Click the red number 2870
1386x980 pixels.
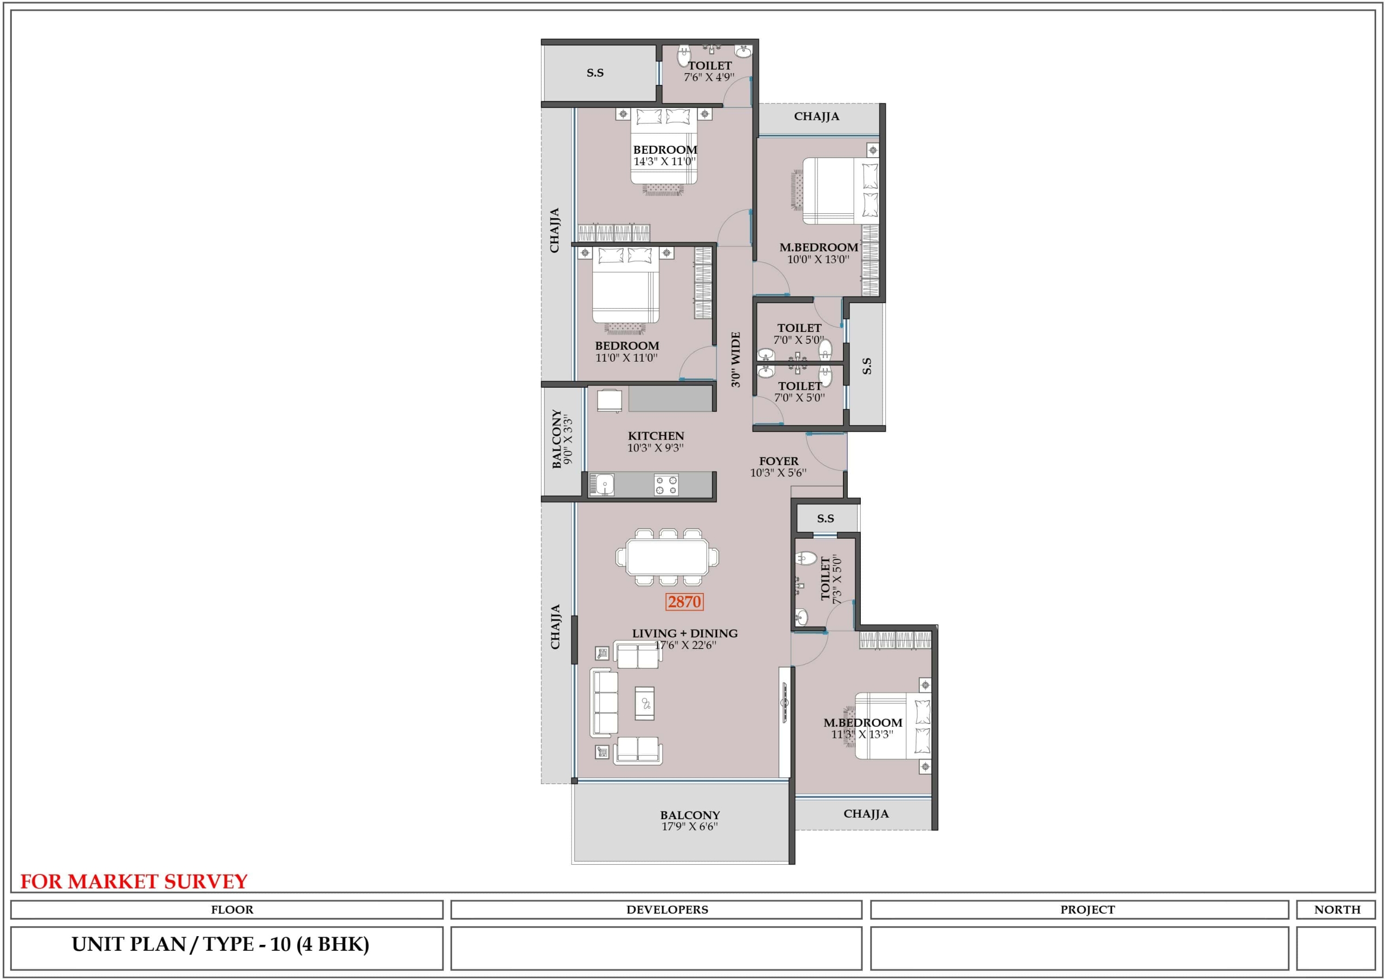coord(684,602)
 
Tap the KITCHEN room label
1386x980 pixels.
coord(656,435)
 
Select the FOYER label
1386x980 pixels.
coord(779,461)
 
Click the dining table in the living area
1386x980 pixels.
coord(667,557)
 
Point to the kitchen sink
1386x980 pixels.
coord(602,484)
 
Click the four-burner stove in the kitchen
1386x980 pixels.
coord(666,485)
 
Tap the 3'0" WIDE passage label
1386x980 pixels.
coord(735,360)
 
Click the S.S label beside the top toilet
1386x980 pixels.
coord(594,73)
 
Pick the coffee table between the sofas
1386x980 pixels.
coord(644,703)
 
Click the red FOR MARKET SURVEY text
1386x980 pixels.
coord(134,881)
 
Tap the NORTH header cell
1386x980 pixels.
coord(1337,910)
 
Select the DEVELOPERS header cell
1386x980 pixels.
coord(656,910)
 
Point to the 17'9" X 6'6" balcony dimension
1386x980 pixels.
coord(689,826)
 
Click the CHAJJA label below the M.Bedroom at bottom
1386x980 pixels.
coord(866,813)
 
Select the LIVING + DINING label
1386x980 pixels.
coord(684,633)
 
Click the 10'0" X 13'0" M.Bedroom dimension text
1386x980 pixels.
coord(818,259)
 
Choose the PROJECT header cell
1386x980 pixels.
coord(1080,910)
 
